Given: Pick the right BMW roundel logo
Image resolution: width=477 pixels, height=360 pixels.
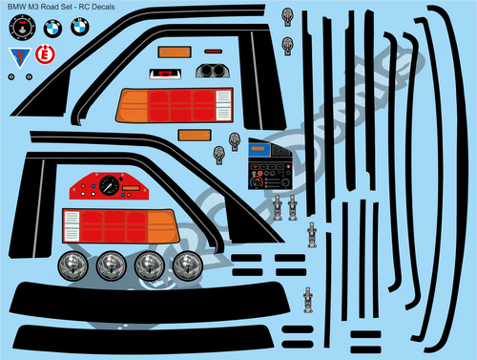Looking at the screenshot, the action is coord(79,29).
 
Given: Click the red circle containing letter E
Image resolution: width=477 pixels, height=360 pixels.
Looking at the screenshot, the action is coord(42,55).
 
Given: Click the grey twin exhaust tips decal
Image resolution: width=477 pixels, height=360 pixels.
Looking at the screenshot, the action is coord(213,70).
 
